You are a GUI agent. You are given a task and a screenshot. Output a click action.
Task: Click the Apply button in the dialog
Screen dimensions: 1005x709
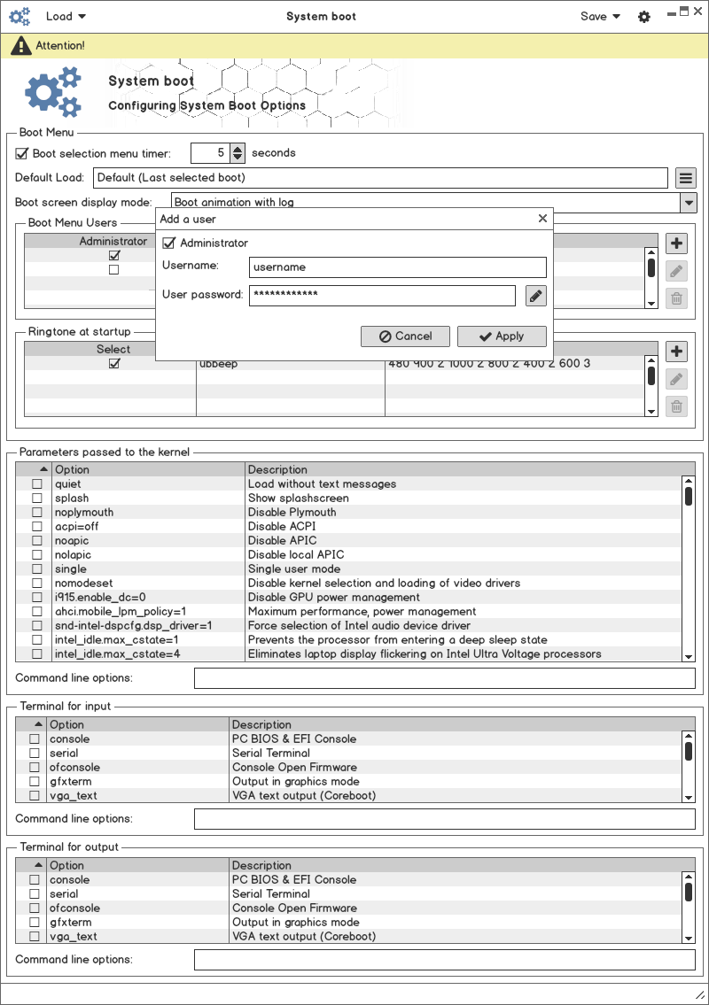pyautogui.click(x=502, y=336)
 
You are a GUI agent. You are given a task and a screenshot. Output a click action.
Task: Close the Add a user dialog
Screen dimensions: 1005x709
pyautogui.click(x=542, y=219)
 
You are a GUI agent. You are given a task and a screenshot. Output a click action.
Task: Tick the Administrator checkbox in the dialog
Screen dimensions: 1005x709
pyautogui.click(x=169, y=244)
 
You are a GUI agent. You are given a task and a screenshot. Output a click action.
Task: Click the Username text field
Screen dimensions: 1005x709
pyautogui.click(x=398, y=267)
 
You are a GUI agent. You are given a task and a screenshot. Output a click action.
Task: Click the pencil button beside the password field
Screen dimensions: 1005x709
pyautogui.click(x=535, y=296)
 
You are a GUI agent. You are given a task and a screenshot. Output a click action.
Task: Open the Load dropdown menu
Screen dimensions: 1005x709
pyautogui.click(x=66, y=16)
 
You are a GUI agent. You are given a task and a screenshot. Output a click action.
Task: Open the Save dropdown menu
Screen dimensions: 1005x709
pyautogui.click(x=600, y=16)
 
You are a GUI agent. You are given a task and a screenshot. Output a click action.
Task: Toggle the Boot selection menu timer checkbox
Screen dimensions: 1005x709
pyautogui.click(x=22, y=153)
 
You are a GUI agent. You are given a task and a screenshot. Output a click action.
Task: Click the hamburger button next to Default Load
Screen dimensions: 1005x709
pyautogui.click(x=685, y=178)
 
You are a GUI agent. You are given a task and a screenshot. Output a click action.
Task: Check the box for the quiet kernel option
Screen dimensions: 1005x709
pyautogui.click(x=37, y=484)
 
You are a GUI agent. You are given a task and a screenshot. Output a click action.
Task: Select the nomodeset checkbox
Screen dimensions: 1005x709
pyautogui.click(x=37, y=584)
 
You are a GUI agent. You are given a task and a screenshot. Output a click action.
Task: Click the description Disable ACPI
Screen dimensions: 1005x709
pyautogui.click(x=282, y=527)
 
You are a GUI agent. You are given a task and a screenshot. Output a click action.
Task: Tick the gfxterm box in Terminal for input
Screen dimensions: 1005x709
pyautogui.click(x=35, y=782)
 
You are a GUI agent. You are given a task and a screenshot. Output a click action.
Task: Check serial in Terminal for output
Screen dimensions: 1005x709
pyautogui.click(x=35, y=894)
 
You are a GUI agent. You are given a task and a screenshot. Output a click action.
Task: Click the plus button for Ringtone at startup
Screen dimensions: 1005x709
pyautogui.click(x=676, y=352)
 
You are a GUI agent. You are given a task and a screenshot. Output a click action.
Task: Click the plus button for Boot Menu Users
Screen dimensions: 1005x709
pyautogui.click(x=676, y=244)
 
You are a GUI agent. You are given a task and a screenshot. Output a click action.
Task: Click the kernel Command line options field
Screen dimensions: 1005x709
pyautogui.click(x=444, y=678)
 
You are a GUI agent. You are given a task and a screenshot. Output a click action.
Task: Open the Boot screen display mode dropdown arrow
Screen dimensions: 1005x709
pyautogui.click(x=689, y=203)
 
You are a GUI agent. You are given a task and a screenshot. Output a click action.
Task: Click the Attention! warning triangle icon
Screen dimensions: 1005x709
pyautogui.click(x=20, y=45)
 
